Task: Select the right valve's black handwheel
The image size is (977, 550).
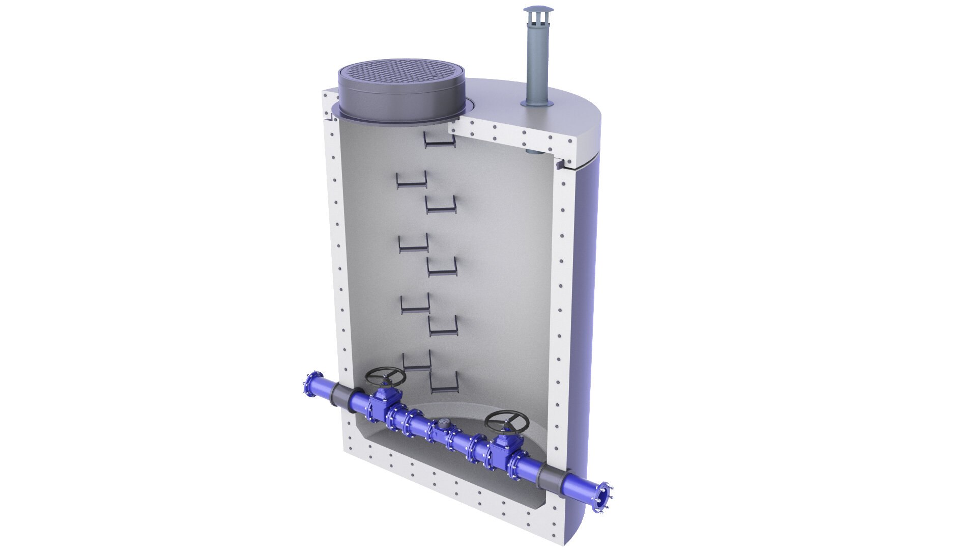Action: [506, 422]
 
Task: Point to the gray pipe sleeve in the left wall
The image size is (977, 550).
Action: [341, 396]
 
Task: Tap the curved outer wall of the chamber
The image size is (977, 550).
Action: [585, 306]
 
